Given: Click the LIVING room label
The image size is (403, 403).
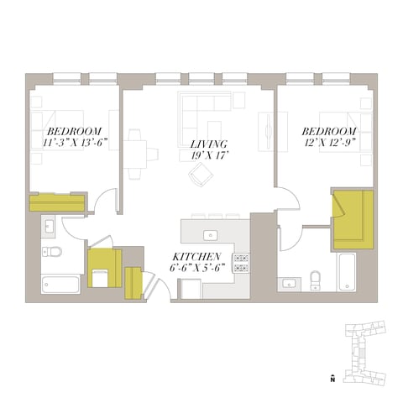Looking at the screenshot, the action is (209, 144).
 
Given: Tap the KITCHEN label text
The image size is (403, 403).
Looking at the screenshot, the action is (196, 257).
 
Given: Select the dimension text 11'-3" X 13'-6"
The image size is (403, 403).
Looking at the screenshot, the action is (75, 143).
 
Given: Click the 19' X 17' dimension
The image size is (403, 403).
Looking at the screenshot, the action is (208, 155).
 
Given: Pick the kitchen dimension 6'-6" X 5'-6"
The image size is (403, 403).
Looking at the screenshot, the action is (197, 268).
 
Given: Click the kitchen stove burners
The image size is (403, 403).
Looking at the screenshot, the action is (241, 263).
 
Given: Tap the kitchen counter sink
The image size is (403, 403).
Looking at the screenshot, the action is (211, 236).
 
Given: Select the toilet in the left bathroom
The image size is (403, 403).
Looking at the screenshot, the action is (52, 251).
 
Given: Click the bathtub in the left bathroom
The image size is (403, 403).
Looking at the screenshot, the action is (60, 285).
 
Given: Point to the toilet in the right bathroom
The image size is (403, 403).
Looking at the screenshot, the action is (316, 280).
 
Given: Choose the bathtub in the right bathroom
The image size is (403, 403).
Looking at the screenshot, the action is (348, 272).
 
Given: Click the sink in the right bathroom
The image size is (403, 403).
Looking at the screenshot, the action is (288, 285).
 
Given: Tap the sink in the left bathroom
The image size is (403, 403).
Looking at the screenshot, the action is (49, 226).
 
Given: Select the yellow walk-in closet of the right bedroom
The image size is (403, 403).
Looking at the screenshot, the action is (353, 219).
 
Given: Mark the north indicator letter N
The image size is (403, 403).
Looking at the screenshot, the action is (332, 379).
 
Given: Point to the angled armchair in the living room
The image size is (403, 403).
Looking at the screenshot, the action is (201, 175).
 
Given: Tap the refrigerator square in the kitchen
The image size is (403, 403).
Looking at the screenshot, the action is (190, 289).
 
